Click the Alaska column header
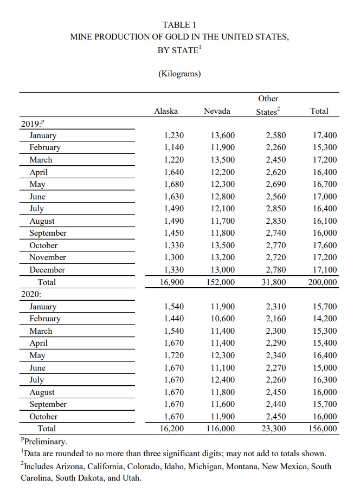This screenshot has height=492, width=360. [166, 111]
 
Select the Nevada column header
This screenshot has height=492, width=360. [217, 111]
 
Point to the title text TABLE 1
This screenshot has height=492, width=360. [179, 25]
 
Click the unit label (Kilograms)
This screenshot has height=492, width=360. [179, 74]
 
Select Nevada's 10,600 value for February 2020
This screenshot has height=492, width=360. [223, 319]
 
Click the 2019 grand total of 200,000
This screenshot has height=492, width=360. [322, 282]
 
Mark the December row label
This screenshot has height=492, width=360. [47, 270]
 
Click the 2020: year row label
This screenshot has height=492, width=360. [31, 294]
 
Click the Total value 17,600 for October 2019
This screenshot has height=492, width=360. [325, 245]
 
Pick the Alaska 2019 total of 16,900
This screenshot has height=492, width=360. [171, 282]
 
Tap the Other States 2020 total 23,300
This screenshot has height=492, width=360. [273, 429]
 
